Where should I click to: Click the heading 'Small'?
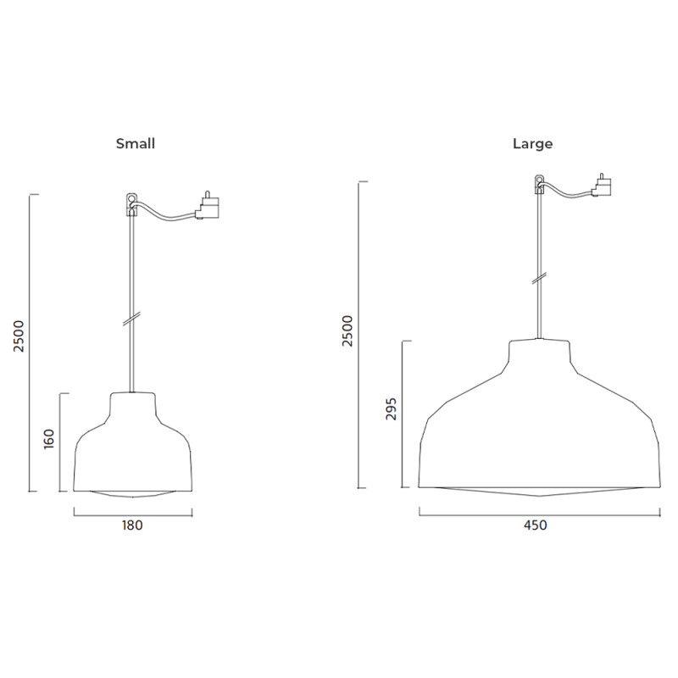pyautogui.click(x=136, y=144)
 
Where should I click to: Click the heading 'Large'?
pyautogui.click(x=532, y=144)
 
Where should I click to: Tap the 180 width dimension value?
pyautogui.click(x=133, y=525)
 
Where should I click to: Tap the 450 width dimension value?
pyautogui.click(x=535, y=525)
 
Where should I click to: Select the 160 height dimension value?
pyautogui.click(x=48, y=439)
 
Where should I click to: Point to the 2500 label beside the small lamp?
pyautogui.click(x=19, y=336)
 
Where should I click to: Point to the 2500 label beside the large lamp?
pyautogui.click(x=347, y=331)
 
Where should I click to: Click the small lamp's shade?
pyautogui.click(x=132, y=449)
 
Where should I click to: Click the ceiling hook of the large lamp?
pyautogui.click(x=539, y=182)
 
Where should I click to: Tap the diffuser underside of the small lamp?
pyautogui.click(x=132, y=494)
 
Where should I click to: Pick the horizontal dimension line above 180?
pyautogui.click(x=133, y=512)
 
